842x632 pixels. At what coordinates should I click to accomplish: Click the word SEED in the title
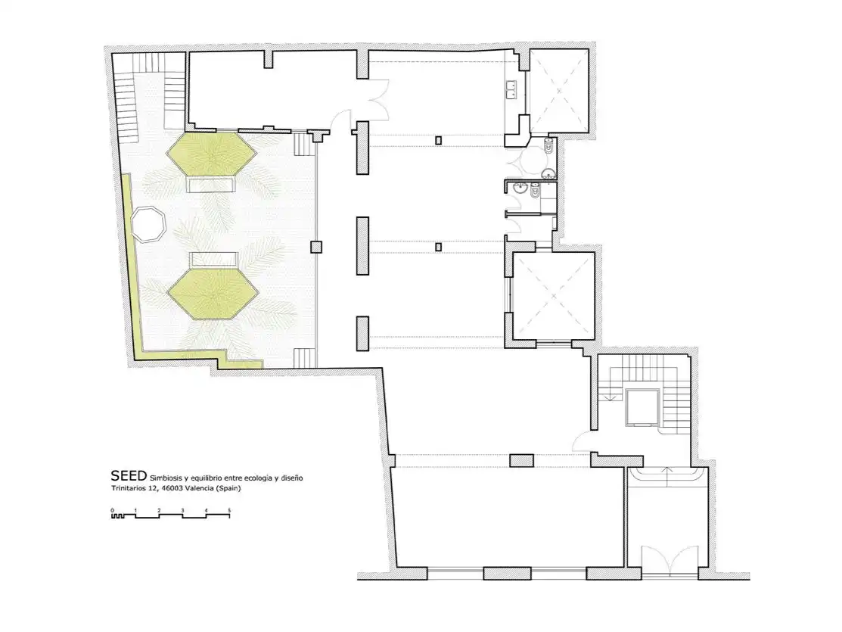coord(129,475)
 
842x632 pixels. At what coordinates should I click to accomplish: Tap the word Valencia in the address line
coord(197,488)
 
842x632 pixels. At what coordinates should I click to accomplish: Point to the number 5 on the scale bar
coord(229,510)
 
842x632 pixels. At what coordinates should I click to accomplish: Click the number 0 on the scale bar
coord(112,510)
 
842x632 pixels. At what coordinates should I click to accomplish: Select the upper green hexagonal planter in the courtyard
coord(212,154)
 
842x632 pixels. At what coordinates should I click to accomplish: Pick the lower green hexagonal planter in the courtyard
coord(213,294)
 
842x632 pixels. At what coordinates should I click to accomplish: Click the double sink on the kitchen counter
coord(511,90)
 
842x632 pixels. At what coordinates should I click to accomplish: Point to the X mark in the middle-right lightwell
coord(554,296)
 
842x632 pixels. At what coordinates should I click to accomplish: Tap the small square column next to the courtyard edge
coord(316,248)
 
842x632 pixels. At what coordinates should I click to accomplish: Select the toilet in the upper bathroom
coord(548,146)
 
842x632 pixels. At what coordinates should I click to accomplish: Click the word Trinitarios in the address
coord(129,488)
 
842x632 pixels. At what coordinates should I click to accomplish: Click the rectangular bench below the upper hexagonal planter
coord(212,185)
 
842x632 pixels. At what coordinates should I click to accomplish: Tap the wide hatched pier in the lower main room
coord(521,460)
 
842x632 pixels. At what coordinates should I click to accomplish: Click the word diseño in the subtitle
coord(292,478)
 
